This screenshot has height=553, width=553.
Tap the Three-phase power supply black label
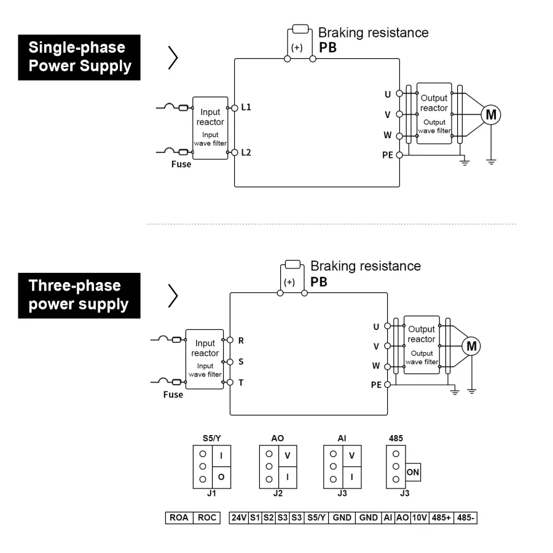[79, 296]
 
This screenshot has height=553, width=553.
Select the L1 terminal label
[246, 107]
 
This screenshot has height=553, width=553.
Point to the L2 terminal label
[246, 152]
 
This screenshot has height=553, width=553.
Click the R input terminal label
[241, 339]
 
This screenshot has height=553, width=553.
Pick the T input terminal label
[241, 382]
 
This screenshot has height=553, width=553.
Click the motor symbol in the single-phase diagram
[490, 114]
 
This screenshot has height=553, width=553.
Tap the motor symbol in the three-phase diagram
[471, 346]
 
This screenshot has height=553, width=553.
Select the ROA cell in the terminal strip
[179, 518]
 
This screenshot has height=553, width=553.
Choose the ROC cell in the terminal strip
[207, 518]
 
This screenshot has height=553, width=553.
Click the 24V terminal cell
[238, 518]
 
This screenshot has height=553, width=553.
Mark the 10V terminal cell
[420, 518]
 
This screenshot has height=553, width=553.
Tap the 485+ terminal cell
[441, 518]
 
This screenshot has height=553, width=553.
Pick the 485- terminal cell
[465, 518]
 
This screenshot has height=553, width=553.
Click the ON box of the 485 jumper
[413, 473]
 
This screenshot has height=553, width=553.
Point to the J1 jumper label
[212, 493]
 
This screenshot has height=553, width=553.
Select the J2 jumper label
[277, 493]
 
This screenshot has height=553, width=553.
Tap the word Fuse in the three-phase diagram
[173, 394]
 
